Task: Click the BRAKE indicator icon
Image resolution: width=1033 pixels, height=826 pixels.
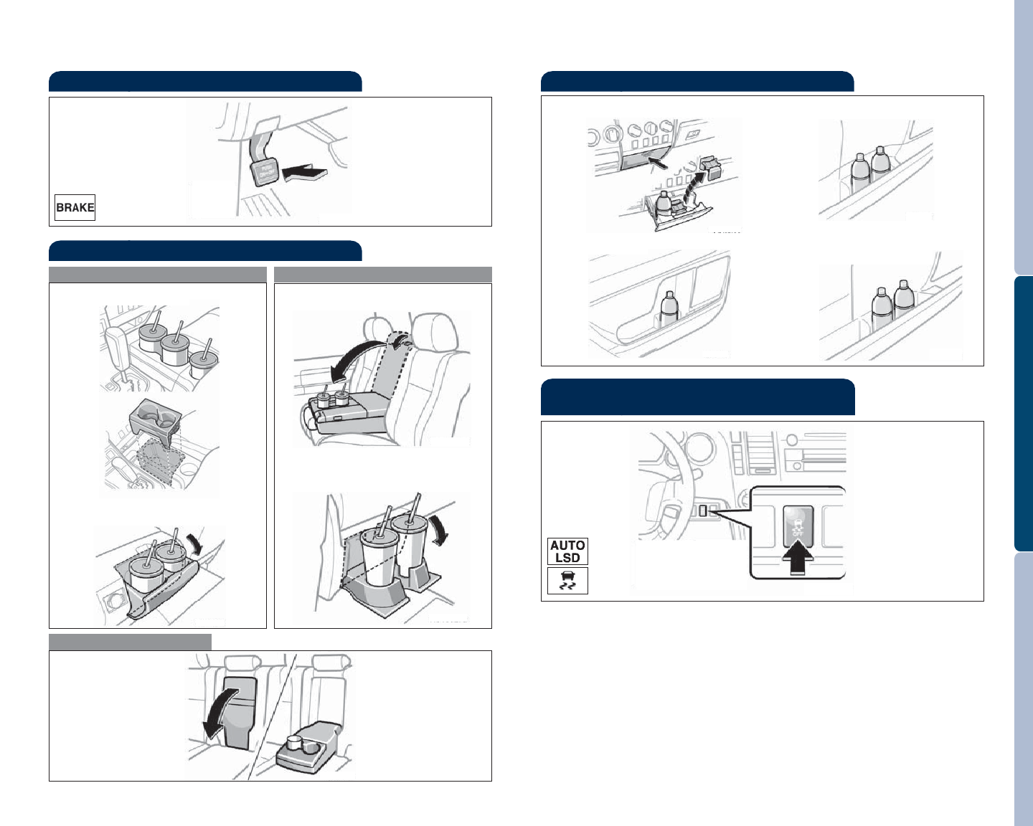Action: point(75,207)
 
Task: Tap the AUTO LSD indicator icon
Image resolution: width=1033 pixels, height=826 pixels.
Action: point(567,551)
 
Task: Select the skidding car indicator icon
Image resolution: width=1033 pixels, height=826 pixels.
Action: point(567,580)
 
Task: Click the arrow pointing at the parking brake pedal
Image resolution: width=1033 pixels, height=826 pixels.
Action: point(306,173)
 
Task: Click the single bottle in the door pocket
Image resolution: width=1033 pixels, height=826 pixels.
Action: point(669,313)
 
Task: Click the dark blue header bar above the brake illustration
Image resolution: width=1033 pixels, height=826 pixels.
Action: point(205,81)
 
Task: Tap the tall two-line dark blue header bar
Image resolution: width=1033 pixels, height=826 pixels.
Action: point(697,397)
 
